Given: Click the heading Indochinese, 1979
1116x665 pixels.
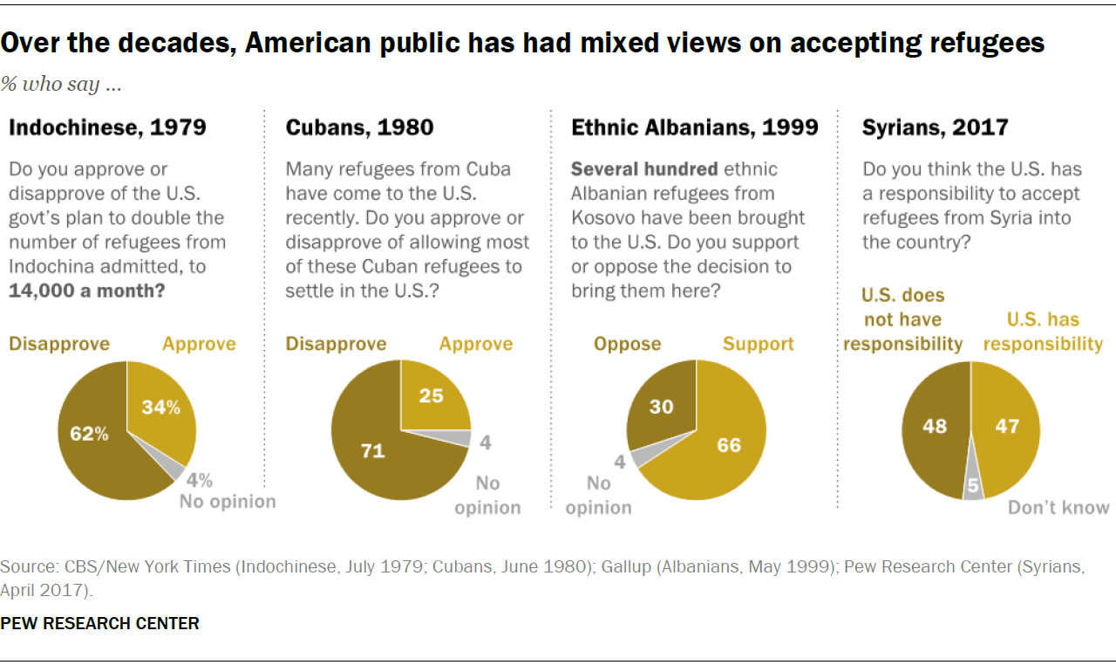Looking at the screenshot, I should [107, 127].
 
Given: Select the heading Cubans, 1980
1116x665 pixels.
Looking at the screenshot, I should [359, 127].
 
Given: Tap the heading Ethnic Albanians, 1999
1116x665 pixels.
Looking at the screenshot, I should [694, 127].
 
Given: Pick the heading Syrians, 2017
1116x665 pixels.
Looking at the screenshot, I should [935, 127].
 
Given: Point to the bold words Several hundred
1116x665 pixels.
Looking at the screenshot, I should [644, 168].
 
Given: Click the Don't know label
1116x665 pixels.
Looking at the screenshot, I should [1058, 507].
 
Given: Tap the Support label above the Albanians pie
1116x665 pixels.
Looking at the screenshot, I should [758, 344].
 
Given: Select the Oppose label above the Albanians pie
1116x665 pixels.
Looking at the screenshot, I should [627, 344].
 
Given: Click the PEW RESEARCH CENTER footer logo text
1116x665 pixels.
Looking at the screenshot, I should [99, 623].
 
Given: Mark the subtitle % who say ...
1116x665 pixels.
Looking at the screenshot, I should [60, 85].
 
